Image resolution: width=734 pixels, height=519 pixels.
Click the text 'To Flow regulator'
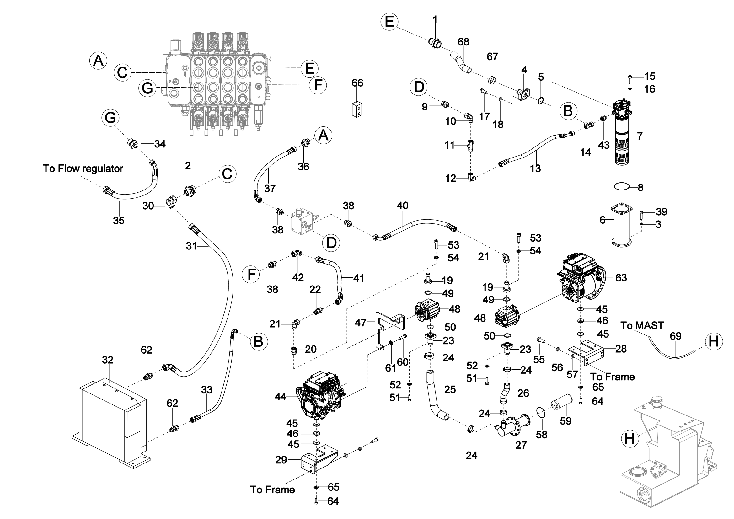pyautogui.click(x=83, y=169)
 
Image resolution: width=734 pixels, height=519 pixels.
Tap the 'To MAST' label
pyautogui.click(x=642, y=326)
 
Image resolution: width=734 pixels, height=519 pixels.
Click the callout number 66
pyautogui.click(x=357, y=83)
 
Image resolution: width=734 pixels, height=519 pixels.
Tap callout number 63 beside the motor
pyautogui.click(x=621, y=278)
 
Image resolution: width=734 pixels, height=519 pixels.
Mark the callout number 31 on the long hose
pyautogui.click(x=191, y=246)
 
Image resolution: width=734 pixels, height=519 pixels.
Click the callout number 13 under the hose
pyautogui.click(x=535, y=169)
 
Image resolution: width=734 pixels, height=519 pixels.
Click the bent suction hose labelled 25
pyautogui.click(x=435, y=396)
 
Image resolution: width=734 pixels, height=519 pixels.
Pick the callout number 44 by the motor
pyautogui.click(x=280, y=397)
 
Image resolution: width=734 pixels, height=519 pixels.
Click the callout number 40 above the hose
pyautogui.click(x=402, y=206)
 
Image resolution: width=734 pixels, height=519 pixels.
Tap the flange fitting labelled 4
pyautogui.click(x=524, y=95)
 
